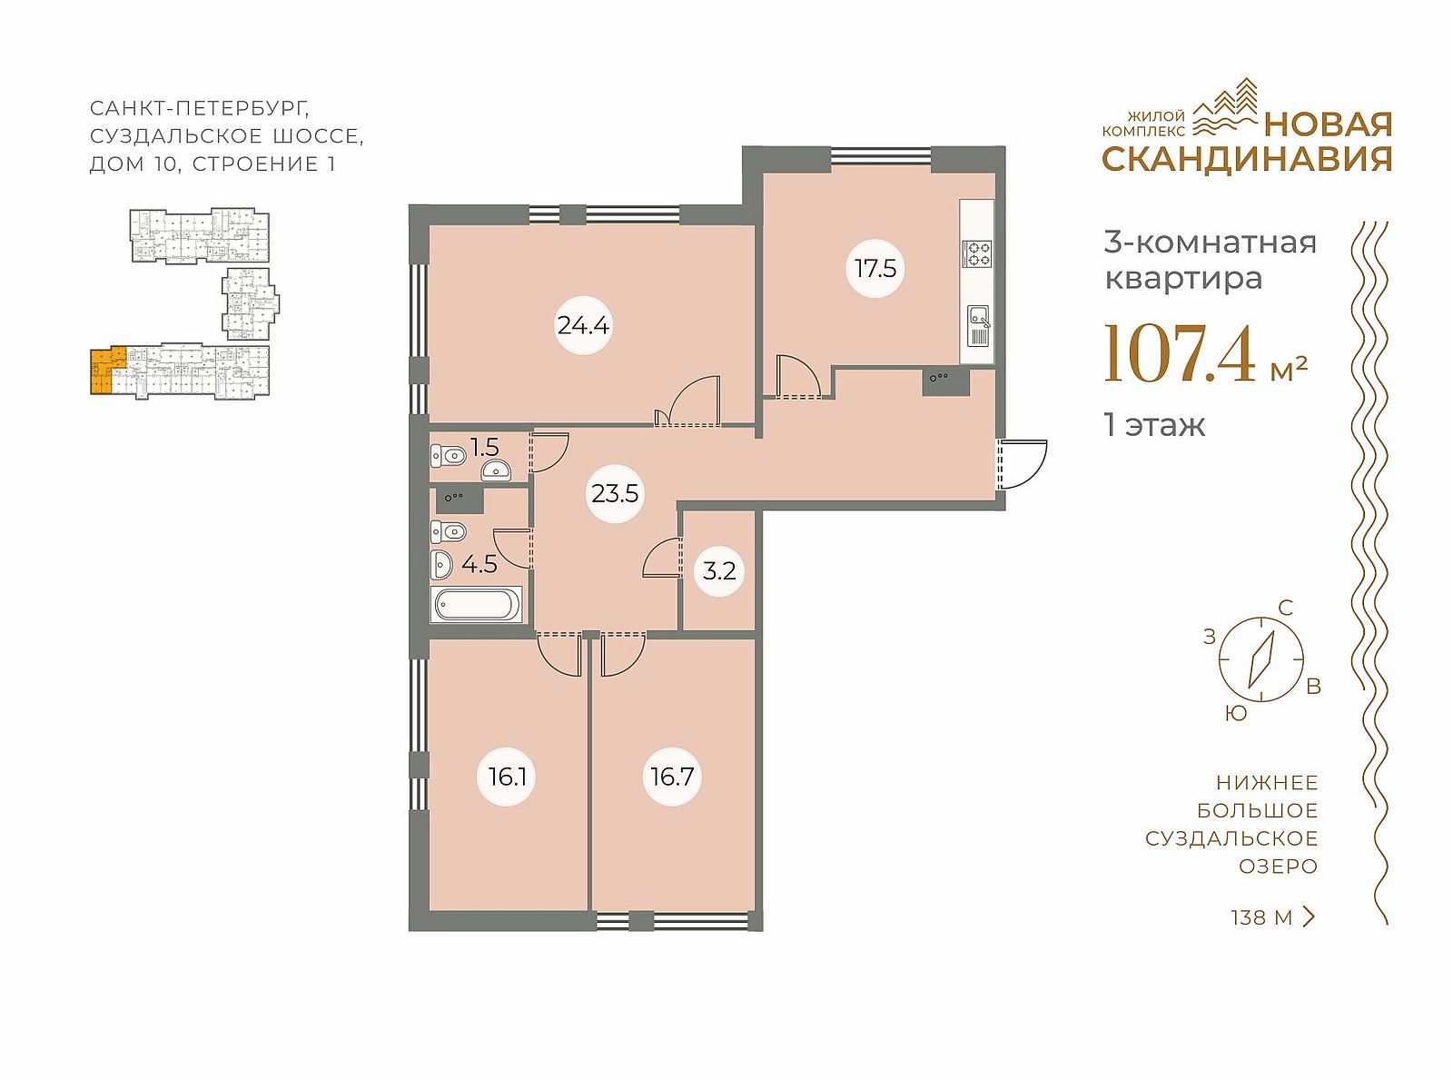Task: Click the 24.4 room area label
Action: coord(583,325)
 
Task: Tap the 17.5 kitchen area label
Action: coord(875,268)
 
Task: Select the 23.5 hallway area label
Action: coord(615,493)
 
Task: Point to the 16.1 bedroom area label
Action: coord(506,777)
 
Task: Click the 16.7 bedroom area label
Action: coord(672,777)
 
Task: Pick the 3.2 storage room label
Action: coord(719,571)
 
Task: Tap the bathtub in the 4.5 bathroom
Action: coord(479,605)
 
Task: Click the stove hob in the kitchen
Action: coord(977,253)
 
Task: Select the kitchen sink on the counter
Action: coord(979,325)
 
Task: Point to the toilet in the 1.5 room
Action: coord(448,455)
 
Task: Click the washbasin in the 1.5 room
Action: coord(496,470)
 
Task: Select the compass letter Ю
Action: coord(1236,714)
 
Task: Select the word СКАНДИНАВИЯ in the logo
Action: coord(1247,159)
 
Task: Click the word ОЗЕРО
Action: coord(1278,866)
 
